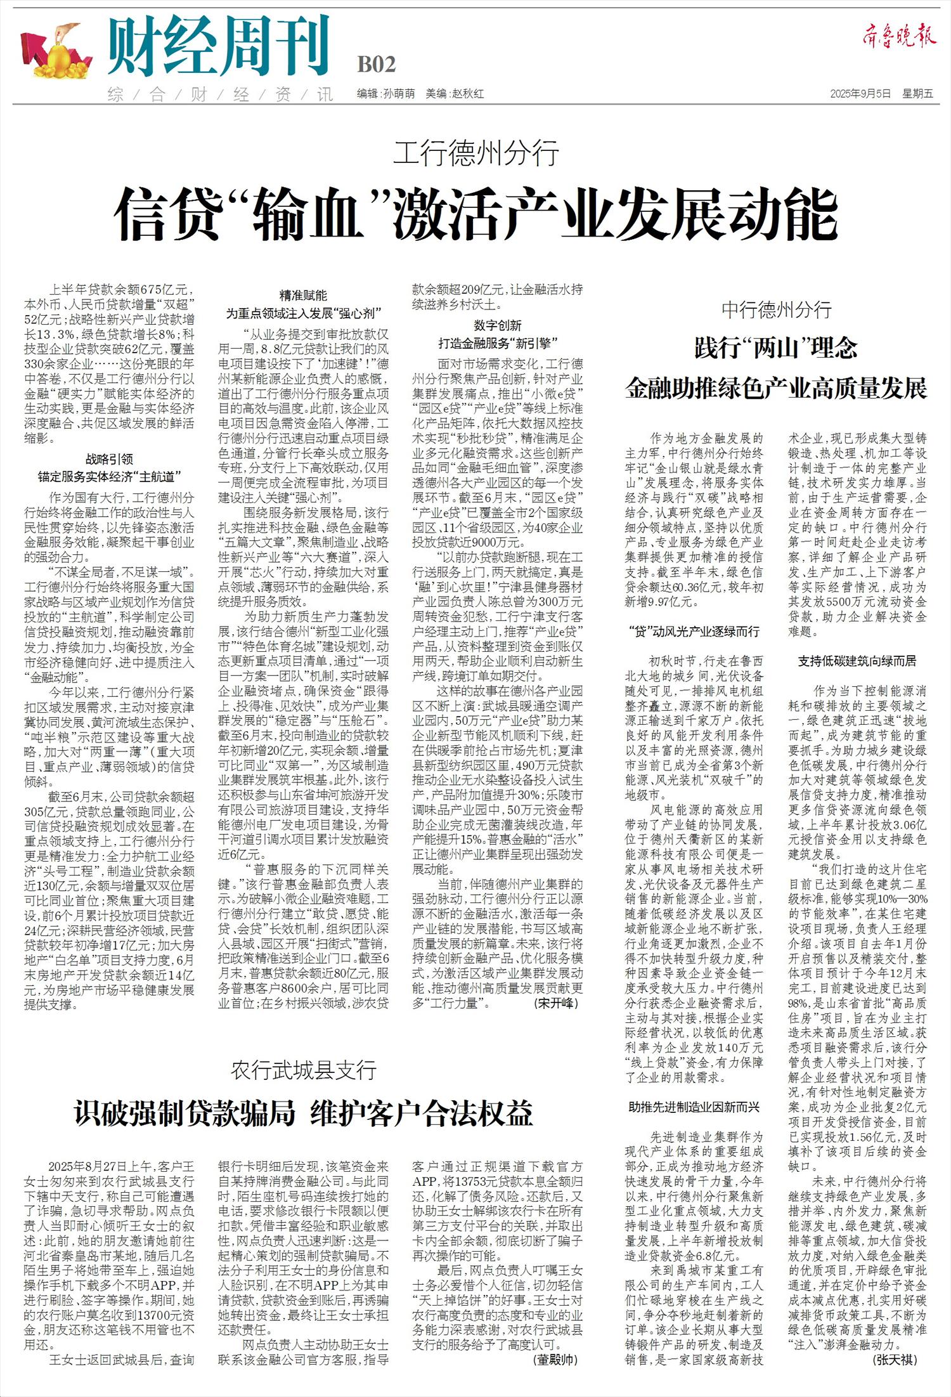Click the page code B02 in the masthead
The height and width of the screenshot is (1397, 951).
point(377,64)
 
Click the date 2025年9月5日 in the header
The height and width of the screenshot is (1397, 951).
point(860,94)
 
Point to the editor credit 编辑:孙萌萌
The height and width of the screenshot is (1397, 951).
point(385,94)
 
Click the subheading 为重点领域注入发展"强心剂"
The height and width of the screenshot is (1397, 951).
point(304,313)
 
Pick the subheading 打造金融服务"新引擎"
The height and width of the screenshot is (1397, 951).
point(498,344)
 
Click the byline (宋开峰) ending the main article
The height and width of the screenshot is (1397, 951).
point(556,1003)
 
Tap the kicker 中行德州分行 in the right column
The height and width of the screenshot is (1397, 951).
point(776,310)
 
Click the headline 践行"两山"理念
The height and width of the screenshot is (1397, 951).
point(776,348)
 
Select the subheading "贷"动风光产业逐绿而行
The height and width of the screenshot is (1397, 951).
point(694,631)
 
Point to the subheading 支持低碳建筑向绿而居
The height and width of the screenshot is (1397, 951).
point(857,661)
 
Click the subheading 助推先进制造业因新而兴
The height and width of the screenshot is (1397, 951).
point(694,1107)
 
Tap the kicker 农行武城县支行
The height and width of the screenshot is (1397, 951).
point(304,1070)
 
